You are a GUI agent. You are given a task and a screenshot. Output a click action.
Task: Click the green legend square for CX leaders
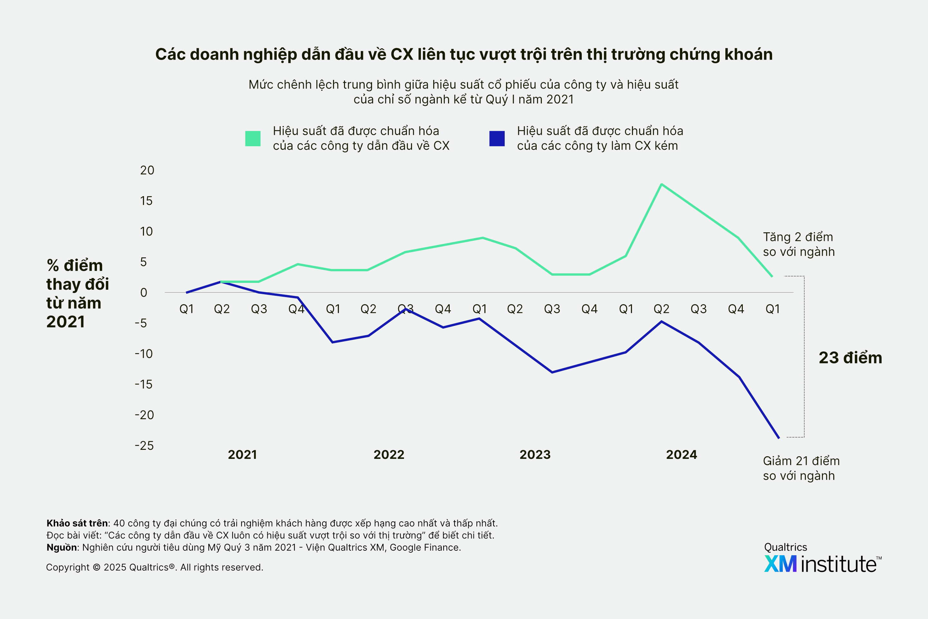(253, 139)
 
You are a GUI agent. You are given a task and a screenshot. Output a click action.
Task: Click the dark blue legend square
(497, 139)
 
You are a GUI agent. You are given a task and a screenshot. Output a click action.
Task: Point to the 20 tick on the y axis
(147, 170)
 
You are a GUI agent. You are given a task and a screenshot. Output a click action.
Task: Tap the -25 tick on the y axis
(144, 446)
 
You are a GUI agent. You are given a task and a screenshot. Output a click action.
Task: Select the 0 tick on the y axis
(144, 293)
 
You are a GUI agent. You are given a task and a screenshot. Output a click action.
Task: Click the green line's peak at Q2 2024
(661, 184)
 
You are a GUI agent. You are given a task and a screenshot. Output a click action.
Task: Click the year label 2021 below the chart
(242, 455)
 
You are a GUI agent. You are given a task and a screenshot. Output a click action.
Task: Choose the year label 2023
(535, 455)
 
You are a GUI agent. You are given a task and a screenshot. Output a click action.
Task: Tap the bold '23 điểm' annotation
(850, 358)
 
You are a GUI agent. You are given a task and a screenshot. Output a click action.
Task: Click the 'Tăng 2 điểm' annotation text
(798, 237)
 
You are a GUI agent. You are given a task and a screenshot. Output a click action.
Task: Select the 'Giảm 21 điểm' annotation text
(801, 461)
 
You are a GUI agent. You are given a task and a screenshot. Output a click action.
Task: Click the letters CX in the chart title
(402, 54)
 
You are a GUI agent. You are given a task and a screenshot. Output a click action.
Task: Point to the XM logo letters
(780, 564)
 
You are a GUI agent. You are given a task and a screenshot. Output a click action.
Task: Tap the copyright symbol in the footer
(97, 567)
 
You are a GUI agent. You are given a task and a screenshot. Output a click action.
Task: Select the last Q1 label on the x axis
(772, 309)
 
